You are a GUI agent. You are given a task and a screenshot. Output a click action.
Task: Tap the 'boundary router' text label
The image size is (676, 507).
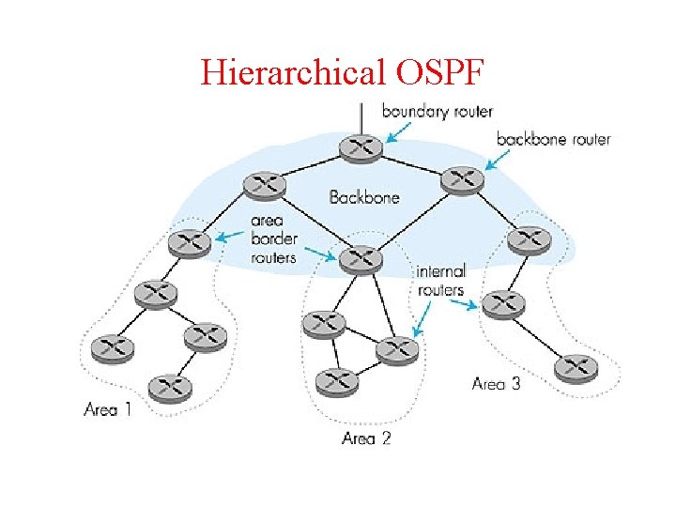pyautogui.click(x=437, y=111)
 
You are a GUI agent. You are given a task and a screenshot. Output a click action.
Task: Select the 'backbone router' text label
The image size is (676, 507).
pyautogui.click(x=553, y=139)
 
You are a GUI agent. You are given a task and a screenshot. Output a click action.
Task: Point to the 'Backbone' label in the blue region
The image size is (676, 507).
pyautogui.click(x=364, y=197)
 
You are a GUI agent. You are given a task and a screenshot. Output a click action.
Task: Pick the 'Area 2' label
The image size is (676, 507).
pyautogui.click(x=366, y=438)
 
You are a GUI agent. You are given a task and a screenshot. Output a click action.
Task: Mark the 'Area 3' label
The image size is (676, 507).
pyautogui.click(x=495, y=383)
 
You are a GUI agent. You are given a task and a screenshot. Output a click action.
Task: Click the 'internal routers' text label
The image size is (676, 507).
pyautogui.click(x=440, y=281)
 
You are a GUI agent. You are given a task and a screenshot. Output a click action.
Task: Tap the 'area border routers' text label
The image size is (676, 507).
pyautogui.click(x=274, y=240)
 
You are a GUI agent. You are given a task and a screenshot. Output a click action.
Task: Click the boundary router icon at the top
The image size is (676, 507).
pyautogui.click(x=361, y=146)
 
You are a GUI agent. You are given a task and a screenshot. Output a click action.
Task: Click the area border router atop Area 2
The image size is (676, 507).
pyautogui.click(x=361, y=260)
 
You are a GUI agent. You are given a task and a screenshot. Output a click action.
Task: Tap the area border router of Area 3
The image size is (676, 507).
pyautogui.click(x=530, y=240)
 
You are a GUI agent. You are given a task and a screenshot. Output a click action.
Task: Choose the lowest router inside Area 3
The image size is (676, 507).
pyautogui.click(x=576, y=367)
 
